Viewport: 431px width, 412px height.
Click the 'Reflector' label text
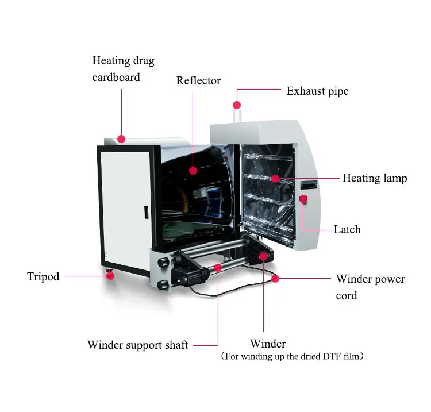tap(198, 81)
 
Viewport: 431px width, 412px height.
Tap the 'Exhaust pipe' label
tap(317, 91)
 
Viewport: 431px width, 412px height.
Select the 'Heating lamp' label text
tap(375, 178)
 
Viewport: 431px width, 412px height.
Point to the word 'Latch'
tap(347, 229)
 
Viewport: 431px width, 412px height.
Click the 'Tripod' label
tap(43, 277)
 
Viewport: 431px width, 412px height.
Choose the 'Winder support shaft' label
tap(137, 345)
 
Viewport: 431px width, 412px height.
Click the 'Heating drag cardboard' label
tap(123, 68)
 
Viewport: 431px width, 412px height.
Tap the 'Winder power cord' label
tap(370, 287)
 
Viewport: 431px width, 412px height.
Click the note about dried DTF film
tap(292, 357)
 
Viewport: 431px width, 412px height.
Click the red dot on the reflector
tap(193, 171)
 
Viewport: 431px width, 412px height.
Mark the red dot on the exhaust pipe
tap(236, 105)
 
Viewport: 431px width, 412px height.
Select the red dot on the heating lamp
tap(275, 179)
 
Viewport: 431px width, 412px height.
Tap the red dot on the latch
tap(303, 199)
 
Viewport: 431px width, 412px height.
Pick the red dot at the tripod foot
tap(110, 276)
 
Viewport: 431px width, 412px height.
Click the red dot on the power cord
tap(275, 279)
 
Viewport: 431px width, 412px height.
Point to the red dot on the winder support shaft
tap(218, 267)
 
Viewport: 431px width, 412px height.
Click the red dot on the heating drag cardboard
tap(121, 138)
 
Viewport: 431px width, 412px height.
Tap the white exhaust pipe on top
tap(236, 115)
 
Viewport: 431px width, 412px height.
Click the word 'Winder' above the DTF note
tap(268, 344)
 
